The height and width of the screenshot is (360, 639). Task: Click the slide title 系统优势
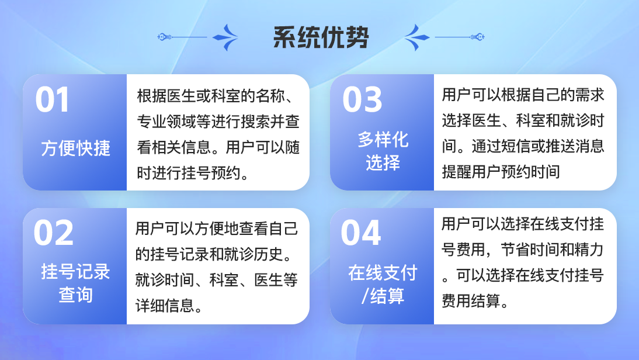(321, 37)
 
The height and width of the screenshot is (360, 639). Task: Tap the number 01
(52, 100)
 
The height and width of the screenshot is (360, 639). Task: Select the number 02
(53, 233)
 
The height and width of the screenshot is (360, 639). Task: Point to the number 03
(362, 100)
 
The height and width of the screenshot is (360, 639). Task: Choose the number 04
(360, 233)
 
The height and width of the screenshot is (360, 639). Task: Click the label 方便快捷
(76, 148)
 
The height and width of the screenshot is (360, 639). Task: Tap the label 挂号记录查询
(76, 283)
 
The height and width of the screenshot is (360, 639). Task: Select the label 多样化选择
(383, 151)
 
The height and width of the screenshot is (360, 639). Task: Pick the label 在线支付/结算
(383, 284)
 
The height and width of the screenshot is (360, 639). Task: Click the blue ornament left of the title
(197, 37)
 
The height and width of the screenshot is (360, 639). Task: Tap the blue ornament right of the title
(444, 37)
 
